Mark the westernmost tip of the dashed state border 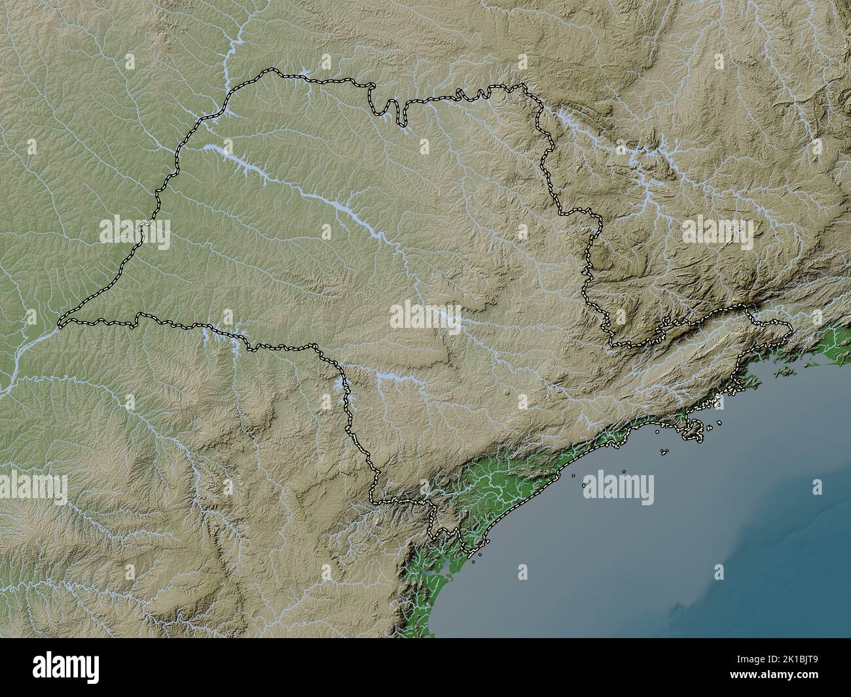60,323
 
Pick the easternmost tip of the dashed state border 791,327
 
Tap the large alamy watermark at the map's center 425,317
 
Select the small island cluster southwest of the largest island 665,451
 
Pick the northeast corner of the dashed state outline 524,85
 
